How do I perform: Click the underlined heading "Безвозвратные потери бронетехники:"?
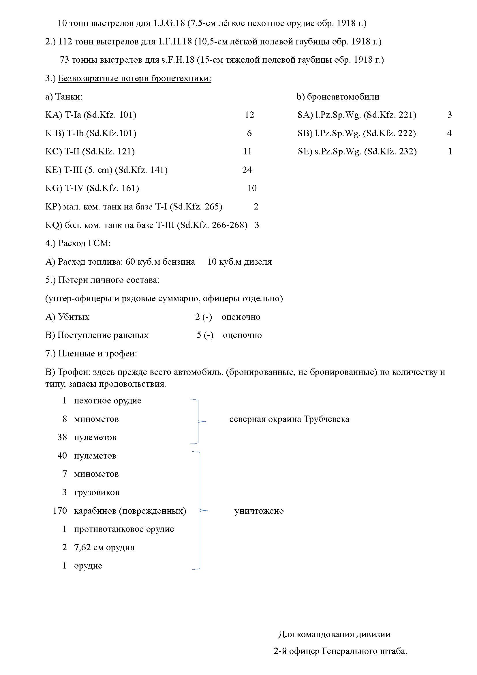tap(134, 78)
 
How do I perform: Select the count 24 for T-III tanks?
tap(247, 170)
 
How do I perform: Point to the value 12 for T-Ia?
tap(249, 115)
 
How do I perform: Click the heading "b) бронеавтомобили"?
tap(338, 96)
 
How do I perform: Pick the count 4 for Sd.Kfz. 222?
tap(449, 133)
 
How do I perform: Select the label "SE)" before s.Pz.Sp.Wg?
tap(305, 152)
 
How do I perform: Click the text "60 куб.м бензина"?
tap(160, 262)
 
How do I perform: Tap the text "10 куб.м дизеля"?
tap(239, 262)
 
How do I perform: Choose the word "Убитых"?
tap(74, 317)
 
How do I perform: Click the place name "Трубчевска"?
tap(326, 419)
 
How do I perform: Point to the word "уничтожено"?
tap(259, 511)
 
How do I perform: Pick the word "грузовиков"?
tap(97, 492)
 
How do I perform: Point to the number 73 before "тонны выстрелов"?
tap(64, 60)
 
